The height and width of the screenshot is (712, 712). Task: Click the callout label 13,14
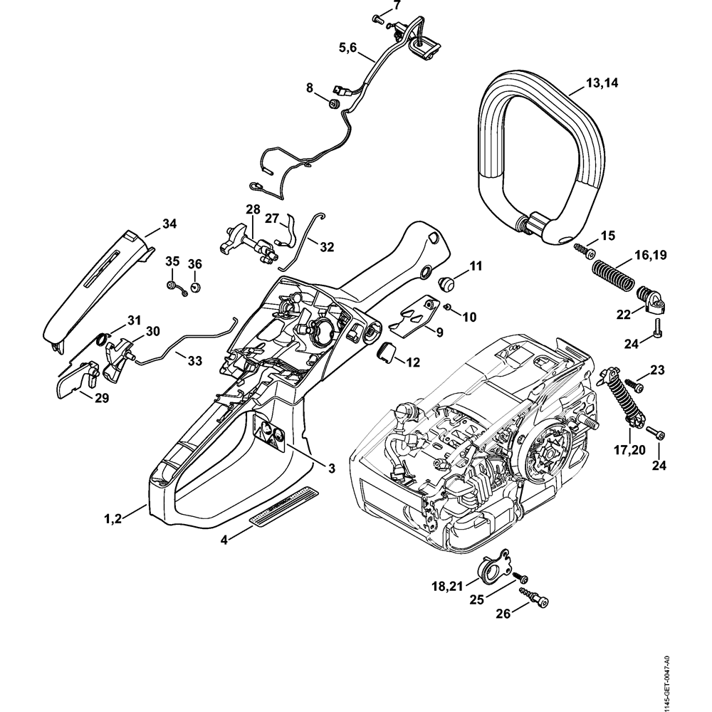click(x=602, y=83)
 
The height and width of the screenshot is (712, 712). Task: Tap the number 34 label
click(x=169, y=224)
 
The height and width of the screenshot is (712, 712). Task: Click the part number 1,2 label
click(x=113, y=518)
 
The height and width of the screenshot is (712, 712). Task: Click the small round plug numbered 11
click(x=449, y=281)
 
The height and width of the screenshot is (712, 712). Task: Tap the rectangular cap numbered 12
click(x=386, y=352)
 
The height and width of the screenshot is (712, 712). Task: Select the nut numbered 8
click(x=332, y=104)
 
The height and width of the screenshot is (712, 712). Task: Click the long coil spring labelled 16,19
click(x=611, y=274)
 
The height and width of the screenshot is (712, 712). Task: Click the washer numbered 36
click(x=197, y=288)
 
